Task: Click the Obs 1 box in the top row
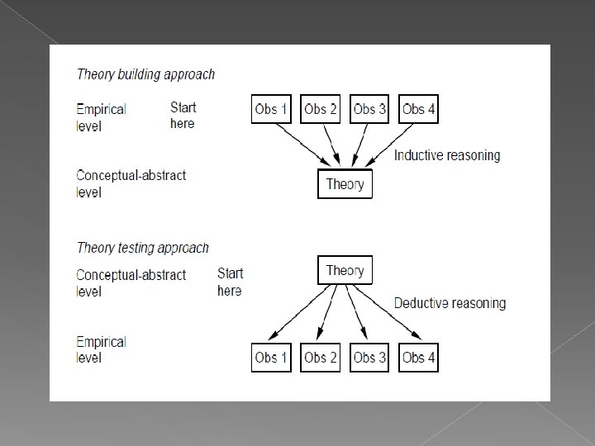[271, 109]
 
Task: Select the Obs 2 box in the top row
[321, 109]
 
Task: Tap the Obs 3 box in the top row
[369, 109]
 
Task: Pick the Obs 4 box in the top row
[418, 109]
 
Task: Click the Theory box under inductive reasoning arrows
[345, 183]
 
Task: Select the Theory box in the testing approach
[345, 270]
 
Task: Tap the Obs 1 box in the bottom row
[271, 358]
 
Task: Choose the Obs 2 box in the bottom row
[321, 358]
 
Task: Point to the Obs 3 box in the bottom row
[369, 358]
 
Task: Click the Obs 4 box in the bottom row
[418, 358]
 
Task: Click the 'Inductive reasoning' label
[447, 155]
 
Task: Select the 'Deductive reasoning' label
[450, 303]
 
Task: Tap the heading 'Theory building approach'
[145, 74]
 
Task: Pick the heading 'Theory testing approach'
[142, 248]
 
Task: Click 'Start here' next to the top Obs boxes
[183, 115]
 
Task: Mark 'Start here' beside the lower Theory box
[230, 282]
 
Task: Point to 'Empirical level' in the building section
[101, 117]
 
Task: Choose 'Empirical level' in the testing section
[101, 349]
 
